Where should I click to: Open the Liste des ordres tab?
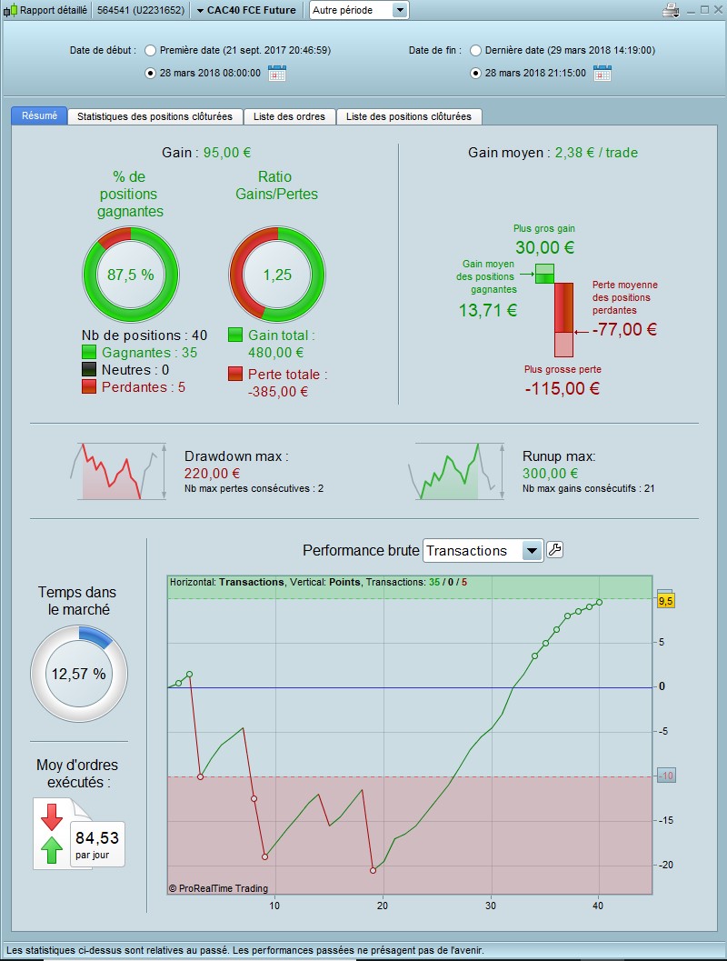(x=290, y=116)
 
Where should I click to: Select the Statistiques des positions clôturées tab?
(x=154, y=116)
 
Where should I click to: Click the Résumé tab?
(x=39, y=116)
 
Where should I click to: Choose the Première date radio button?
(x=150, y=51)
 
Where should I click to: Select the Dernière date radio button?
(x=475, y=51)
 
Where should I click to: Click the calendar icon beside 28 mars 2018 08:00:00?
(x=277, y=74)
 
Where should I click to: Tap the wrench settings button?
(x=554, y=550)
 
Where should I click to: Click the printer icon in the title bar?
(x=671, y=11)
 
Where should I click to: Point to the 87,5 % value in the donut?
(x=131, y=275)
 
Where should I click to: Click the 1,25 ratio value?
(x=277, y=275)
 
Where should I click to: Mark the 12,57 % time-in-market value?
(x=78, y=674)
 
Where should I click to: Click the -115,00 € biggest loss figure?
(x=562, y=389)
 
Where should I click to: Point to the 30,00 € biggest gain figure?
(x=543, y=247)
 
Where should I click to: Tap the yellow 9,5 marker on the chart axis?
(x=664, y=600)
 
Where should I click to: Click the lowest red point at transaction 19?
(x=373, y=870)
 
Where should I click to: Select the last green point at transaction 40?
(x=599, y=602)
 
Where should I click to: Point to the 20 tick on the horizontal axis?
(x=383, y=906)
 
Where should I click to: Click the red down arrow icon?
(x=52, y=816)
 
